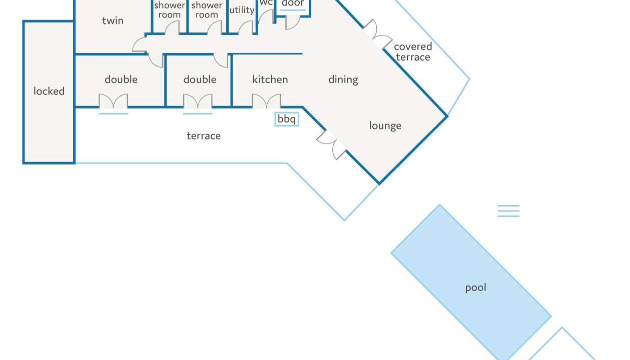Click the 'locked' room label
[49, 91]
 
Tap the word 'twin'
[113, 20]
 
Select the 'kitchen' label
[270, 79]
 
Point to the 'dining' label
[343, 80]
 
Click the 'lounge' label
[385, 125]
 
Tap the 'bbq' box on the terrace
[287, 119]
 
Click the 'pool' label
[475, 288]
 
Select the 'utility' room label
[242, 10]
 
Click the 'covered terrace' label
[413, 52]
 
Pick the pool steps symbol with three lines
[508, 211]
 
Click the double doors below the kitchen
[266, 101]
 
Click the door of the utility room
[246, 28]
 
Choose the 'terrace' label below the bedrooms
[204, 136]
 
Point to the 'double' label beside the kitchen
[200, 79]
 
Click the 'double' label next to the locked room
[121, 79]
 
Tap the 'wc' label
[266, 2]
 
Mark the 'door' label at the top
[293, 3]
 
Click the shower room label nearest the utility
[207, 10]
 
